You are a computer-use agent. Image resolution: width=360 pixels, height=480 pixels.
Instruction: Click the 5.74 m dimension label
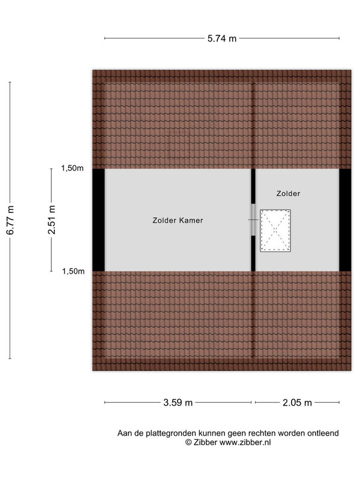222,38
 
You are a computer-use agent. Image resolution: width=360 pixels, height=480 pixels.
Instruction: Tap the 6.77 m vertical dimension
10,220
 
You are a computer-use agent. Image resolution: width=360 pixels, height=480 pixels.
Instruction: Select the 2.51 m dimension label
52,220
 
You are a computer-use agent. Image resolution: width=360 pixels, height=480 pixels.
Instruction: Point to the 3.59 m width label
178,402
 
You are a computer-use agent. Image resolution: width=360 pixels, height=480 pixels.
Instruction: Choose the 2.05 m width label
297,402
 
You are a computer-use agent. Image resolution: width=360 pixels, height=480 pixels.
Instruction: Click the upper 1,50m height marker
72,168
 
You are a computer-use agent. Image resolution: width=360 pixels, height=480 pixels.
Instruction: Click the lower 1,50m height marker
73,271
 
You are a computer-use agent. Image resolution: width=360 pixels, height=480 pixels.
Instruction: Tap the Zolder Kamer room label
178,220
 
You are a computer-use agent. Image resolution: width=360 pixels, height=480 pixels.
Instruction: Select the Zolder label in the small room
288,193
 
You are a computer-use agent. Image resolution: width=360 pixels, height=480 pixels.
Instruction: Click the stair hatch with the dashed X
275,231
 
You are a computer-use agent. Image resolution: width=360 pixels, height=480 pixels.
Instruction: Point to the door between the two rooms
253,220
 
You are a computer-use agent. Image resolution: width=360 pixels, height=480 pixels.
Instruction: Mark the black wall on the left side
98,220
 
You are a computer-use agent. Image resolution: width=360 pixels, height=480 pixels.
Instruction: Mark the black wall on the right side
345,220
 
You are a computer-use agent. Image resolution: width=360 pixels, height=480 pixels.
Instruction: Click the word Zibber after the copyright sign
205,442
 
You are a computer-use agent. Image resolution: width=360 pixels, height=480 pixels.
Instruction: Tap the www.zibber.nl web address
245,442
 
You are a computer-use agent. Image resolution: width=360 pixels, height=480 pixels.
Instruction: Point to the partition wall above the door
253,187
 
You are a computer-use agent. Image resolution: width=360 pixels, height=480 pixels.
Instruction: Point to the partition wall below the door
253,253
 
